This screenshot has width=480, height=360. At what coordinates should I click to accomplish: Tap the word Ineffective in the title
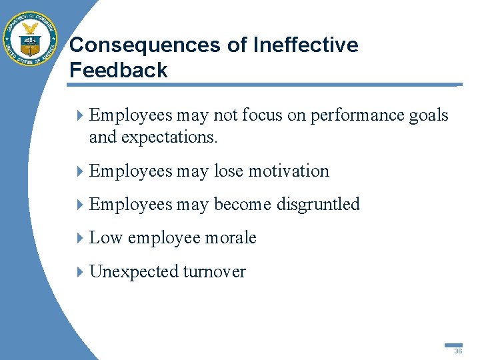(x=306, y=45)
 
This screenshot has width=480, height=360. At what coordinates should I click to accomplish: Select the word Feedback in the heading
(x=118, y=71)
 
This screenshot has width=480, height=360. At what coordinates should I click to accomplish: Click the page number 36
(x=458, y=350)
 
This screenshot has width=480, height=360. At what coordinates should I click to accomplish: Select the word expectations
(x=176, y=137)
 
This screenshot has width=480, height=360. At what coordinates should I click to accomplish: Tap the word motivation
(x=289, y=171)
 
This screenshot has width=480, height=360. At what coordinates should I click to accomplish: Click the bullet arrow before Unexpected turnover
(x=81, y=271)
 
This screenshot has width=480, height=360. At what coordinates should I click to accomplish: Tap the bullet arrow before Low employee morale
(x=81, y=238)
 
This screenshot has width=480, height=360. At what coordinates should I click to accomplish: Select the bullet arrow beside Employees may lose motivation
(x=81, y=171)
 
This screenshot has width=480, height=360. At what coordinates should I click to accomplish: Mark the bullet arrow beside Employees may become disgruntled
(x=81, y=204)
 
